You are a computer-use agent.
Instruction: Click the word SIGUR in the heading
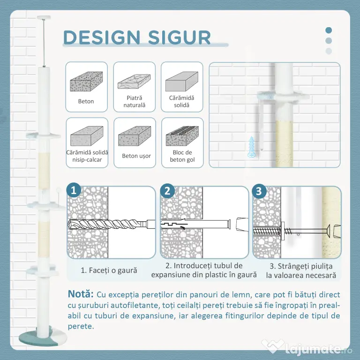click(x=179, y=37)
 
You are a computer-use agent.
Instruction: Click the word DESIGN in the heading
click(x=102, y=37)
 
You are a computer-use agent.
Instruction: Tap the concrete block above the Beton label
click(x=86, y=82)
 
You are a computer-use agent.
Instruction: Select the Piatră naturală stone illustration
click(x=134, y=82)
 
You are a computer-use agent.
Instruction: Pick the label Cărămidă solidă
click(x=181, y=101)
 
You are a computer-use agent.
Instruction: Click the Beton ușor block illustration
click(x=135, y=136)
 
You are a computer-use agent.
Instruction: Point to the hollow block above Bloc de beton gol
click(x=182, y=136)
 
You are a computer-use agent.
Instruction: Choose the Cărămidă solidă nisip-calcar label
click(x=87, y=156)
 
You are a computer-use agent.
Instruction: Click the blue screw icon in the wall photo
click(x=252, y=147)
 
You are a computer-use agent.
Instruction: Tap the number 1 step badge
click(x=74, y=190)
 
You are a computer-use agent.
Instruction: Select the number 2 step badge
click(x=167, y=191)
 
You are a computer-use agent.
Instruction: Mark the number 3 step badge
click(x=259, y=191)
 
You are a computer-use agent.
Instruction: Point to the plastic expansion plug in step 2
click(x=195, y=225)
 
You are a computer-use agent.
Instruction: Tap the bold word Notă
click(x=81, y=294)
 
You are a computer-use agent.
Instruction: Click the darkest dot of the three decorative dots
click(x=329, y=30)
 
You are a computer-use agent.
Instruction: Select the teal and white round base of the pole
click(x=43, y=337)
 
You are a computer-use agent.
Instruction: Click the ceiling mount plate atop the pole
click(x=44, y=17)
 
